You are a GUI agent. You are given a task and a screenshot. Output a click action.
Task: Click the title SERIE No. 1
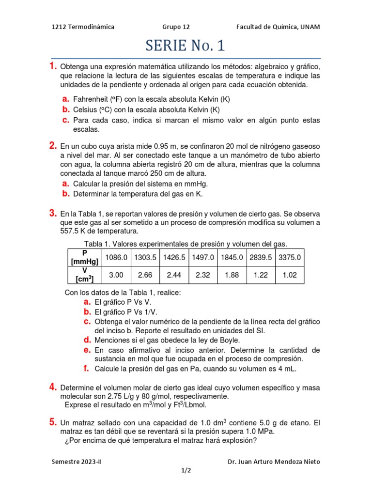(x=186, y=46)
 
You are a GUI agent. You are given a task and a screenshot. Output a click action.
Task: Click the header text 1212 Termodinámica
(x=83, y=27)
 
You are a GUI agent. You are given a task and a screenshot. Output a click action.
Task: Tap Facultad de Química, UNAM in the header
(x=278, y=27)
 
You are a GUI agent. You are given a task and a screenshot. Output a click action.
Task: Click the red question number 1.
(x=53, y=66)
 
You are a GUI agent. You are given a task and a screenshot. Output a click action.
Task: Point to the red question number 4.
(x=53, y=387)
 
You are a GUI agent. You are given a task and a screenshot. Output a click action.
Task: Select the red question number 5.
(x=53, y=422)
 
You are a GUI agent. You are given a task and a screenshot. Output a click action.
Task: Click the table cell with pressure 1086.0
(x=116, y=258)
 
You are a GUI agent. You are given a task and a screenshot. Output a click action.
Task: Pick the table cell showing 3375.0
(x=290, y=258)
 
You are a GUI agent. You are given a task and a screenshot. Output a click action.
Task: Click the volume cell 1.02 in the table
(x=290, y=275)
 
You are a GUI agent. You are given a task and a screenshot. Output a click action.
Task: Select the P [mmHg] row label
(x=85, y=257)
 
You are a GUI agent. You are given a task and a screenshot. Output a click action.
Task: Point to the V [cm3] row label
(x=85, y=275)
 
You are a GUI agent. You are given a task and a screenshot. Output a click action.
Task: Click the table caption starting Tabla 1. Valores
(x=186, y=243)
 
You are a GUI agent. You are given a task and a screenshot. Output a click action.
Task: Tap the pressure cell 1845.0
(x=232, y=258)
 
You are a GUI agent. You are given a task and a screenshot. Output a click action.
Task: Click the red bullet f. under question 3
(x=86, y=368)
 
